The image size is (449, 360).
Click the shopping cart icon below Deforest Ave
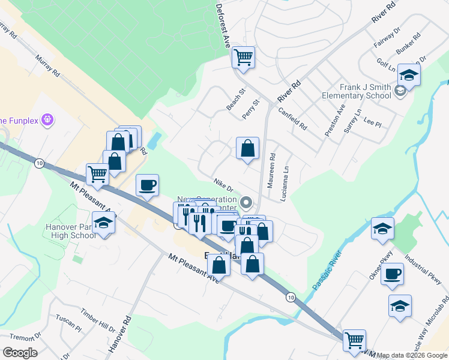click(x=244, y=58)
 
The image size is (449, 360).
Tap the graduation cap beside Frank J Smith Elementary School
click(x=409, y=75)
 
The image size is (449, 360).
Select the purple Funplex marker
click(x=49, y=120)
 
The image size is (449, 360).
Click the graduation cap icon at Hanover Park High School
click(x=104, y=223)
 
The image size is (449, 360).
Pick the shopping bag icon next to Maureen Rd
click(x=247, y=148)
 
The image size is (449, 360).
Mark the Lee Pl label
click(x=373, y=122)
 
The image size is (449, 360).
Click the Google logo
click(x=20, y=353)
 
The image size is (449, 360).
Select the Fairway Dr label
click(x=387, y=37)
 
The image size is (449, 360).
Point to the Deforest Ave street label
click(x=223, y=24)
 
